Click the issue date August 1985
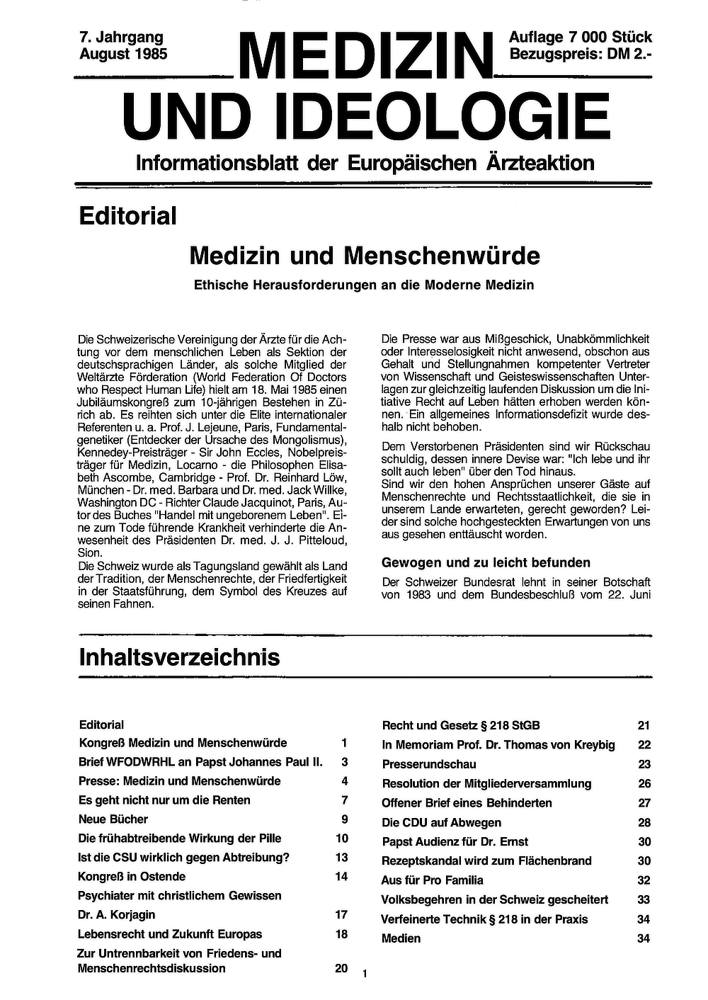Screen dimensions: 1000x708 123,54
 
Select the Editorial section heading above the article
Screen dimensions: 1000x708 127,216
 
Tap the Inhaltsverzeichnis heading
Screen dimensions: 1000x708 179,657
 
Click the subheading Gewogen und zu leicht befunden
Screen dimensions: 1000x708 486,562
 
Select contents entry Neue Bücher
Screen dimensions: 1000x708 113,819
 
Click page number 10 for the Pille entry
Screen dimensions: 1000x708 342,839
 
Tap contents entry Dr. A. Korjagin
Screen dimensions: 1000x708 116,915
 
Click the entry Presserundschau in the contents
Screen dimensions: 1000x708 429,764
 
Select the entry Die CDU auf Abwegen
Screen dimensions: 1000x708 441,822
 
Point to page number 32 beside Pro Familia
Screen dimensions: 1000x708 644,880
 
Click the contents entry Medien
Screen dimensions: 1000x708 401,938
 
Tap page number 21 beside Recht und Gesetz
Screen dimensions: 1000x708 644,725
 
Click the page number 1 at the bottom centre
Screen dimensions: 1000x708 364,975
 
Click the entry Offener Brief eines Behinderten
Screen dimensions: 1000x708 467,803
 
